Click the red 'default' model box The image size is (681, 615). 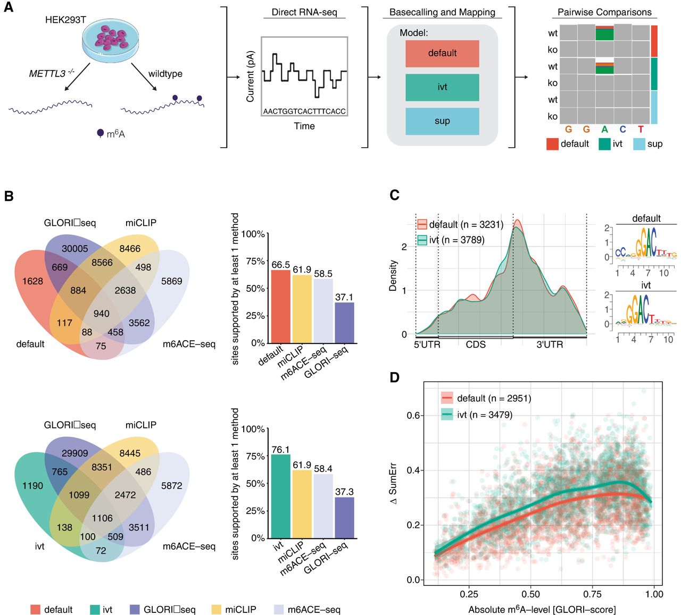pos(442,53)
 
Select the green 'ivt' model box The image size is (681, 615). pos(442,87)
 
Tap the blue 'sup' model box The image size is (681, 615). pos(442,121)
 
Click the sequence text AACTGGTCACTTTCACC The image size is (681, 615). pos(304,111)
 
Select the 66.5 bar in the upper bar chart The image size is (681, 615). pos(281,307)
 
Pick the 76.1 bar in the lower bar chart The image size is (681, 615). pos(281,496)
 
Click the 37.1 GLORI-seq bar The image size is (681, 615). pos(344,323)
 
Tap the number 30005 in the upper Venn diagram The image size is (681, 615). pos(74,249)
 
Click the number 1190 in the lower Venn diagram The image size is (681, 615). pos(32,485)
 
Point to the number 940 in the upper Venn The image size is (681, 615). pos(102,314)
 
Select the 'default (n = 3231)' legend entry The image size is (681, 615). pos(460,224)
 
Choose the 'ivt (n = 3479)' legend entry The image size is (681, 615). pos(478,415)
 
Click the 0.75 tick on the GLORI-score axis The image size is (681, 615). pos(592,594)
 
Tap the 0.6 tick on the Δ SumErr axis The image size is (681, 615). pos(413,415)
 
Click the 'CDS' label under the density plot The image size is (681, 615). pos(476,344)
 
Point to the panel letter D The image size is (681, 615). pos(395,377)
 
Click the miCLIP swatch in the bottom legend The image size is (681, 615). pos(216,610)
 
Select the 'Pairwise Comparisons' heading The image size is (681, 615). pos(604,12)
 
